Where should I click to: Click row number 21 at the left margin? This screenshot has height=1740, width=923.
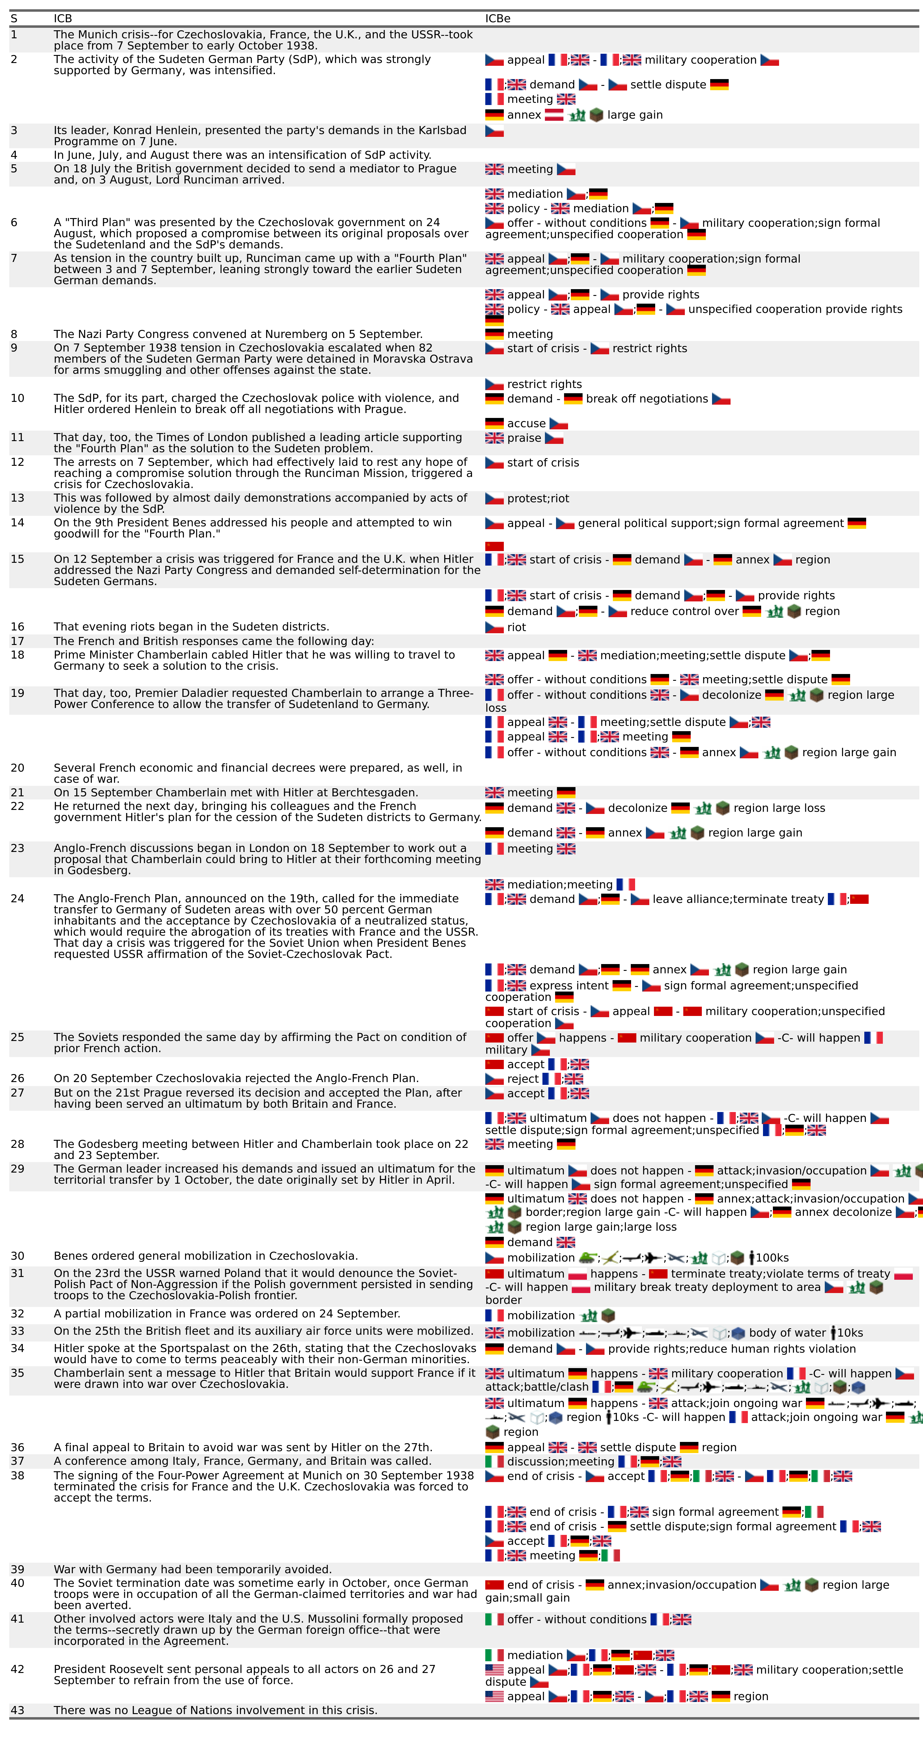17,792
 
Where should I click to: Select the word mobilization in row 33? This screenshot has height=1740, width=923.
541,1333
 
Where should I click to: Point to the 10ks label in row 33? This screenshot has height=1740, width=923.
850,1333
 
